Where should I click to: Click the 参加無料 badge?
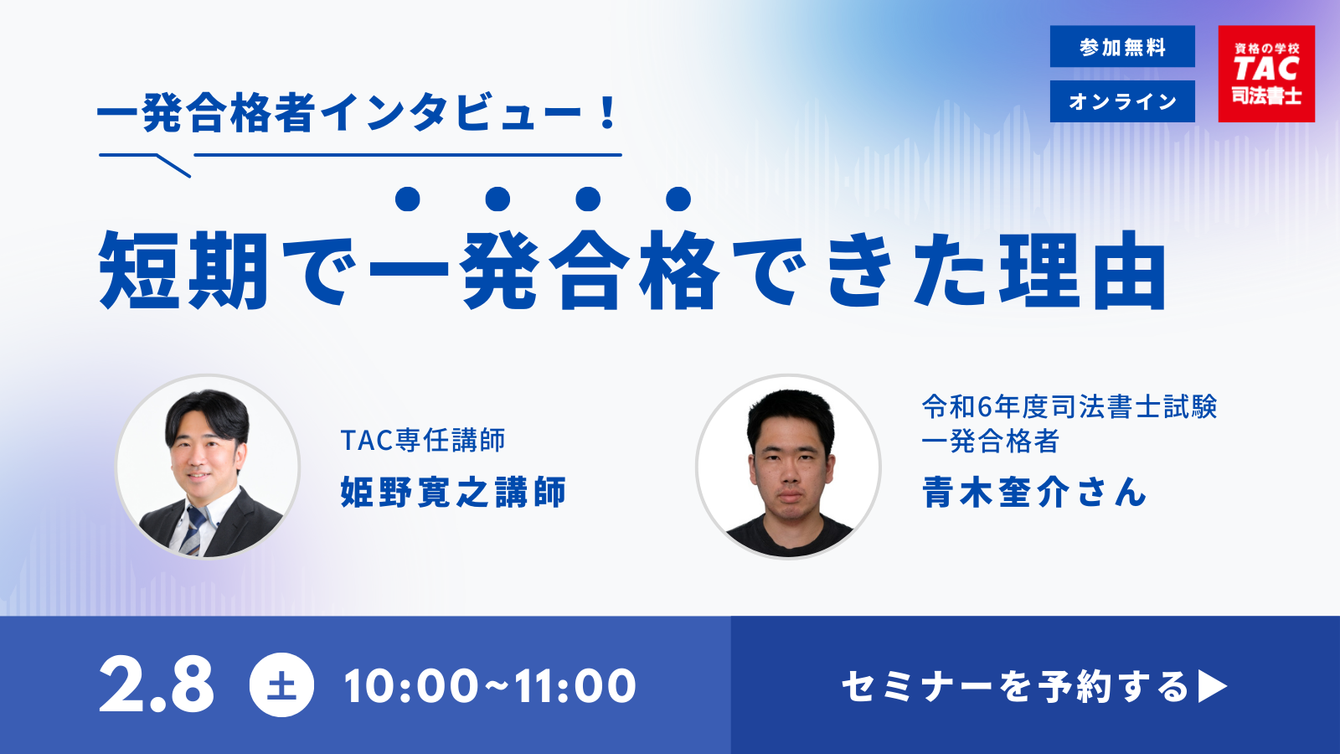(1122, 46)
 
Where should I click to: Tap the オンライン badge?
(1122, 101)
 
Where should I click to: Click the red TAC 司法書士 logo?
(1266, 74)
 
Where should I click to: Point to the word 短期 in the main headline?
(183, 270)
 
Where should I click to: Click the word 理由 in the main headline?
(1083, 270)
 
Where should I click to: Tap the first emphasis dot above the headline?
(407, 199)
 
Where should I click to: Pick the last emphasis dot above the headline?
(678, 199)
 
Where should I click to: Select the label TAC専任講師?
(423, 441)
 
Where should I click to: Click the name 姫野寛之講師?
(453, 492)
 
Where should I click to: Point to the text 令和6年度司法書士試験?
(1069, 407)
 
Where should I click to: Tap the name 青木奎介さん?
(1033, 492)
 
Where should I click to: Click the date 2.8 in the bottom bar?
(156, 685)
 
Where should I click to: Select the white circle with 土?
(281, 684)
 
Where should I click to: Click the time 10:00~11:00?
(490, 686)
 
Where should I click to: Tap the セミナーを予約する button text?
(1014, 686)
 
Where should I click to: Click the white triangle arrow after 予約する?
(1212, 686)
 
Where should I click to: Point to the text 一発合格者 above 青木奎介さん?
(990, 442)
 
